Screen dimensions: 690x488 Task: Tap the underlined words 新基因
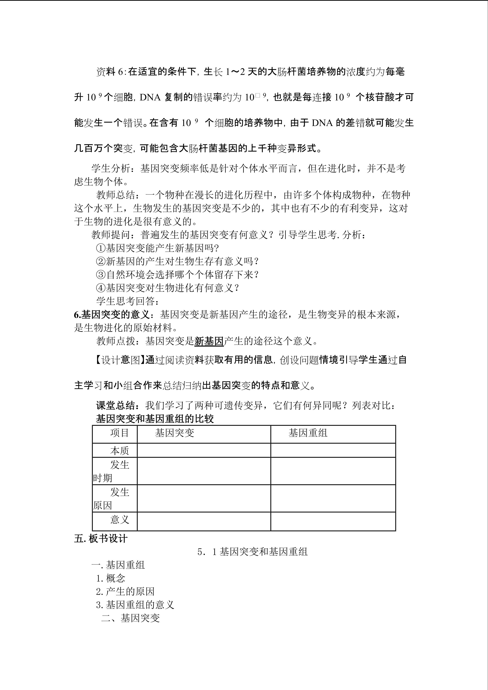pos(209,341)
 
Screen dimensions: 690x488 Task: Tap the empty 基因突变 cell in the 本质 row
pos(204,450)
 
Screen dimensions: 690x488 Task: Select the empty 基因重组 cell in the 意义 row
pos(333,521)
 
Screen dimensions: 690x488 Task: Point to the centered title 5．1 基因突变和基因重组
pos(253,552)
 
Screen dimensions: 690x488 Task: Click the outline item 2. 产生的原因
pos(125,591)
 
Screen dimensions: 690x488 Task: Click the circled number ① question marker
pos(101,248)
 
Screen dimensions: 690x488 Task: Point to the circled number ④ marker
pos(101,288)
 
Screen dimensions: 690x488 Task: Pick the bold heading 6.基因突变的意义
pos(112,315)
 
